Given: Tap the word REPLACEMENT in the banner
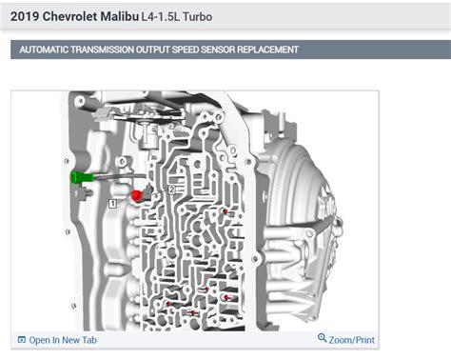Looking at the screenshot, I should (271, 50).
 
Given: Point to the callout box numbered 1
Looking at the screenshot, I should (113, 203).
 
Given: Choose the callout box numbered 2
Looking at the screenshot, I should (171, 190).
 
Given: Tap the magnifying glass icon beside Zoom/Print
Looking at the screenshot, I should (322, 339).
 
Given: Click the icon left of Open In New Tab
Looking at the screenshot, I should (21, 340).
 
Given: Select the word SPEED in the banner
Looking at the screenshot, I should (192, 50).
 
